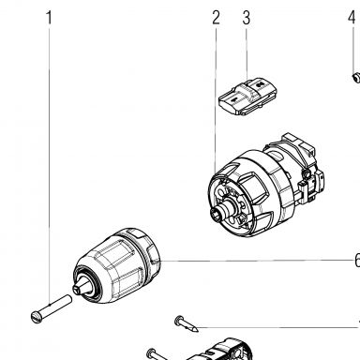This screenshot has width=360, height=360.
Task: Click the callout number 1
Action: [49, 18]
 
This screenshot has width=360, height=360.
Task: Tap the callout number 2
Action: [216, 18]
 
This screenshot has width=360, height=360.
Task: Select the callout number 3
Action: [247, 18]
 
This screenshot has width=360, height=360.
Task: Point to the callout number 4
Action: [352, 18]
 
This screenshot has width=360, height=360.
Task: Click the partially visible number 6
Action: [357, 260]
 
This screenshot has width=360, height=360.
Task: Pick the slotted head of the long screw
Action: [37, 317]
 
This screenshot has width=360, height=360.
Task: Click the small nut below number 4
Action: [356, 77]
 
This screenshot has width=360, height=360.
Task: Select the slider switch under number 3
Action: [248, 97]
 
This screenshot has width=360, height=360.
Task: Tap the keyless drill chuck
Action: [116, 265]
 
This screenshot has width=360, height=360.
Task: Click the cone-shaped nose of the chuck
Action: [82, 285]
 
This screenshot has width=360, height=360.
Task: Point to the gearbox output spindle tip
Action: [217, 216]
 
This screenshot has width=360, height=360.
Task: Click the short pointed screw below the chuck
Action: [187, 323]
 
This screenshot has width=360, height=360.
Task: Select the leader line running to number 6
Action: [257, 261]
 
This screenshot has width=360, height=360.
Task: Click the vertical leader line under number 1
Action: [49, 165]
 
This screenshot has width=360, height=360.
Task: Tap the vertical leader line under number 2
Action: [216, 99]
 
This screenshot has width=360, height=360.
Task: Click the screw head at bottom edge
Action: [151, 352]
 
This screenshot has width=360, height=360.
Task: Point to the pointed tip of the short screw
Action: [196, 329]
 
